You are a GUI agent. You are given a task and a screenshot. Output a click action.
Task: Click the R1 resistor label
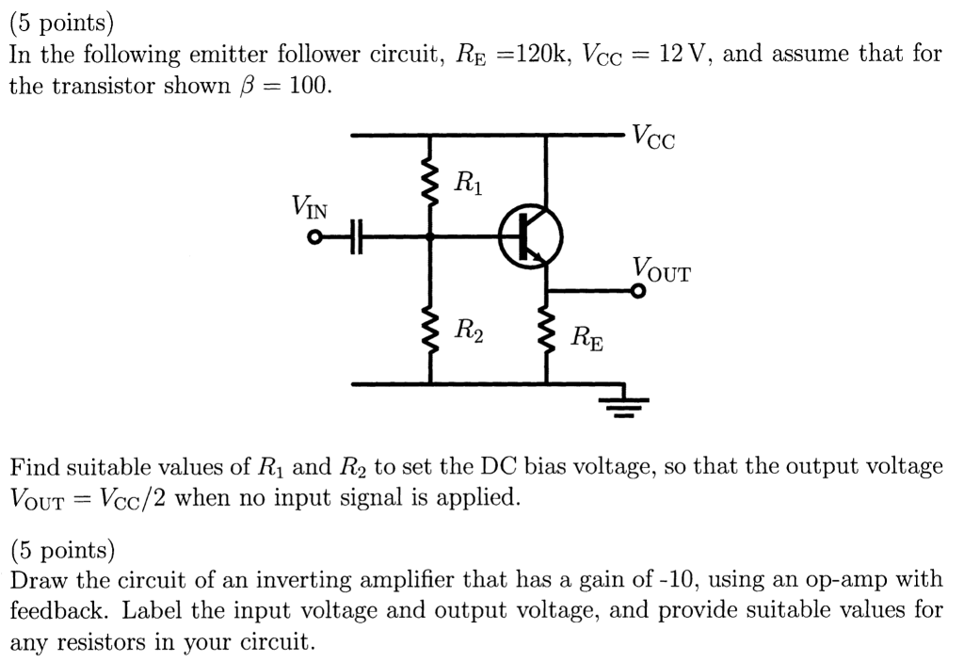468,182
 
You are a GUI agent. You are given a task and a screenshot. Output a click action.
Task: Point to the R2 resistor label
469,331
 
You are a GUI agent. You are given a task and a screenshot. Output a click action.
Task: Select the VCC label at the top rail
653,137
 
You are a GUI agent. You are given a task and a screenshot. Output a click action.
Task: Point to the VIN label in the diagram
310,207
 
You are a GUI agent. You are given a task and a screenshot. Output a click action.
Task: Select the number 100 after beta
310,87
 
